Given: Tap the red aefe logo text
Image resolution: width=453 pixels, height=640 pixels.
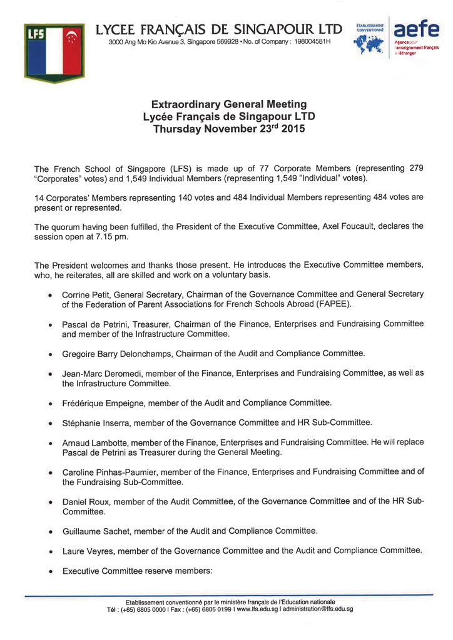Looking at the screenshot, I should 415,29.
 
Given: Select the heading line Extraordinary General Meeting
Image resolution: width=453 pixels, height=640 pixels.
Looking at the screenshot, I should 229,104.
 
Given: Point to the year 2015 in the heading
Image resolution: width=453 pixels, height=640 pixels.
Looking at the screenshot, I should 294,129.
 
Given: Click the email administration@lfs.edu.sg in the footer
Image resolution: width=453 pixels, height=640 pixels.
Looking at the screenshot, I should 318,609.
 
